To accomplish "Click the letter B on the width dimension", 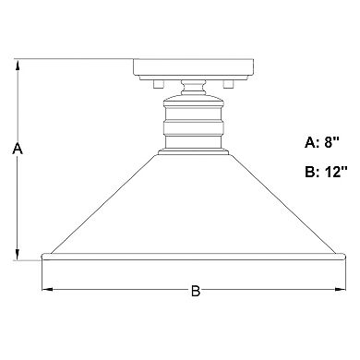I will pos(196,292).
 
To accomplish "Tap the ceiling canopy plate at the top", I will pos(196,68).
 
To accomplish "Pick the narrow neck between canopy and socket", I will pos(196,90).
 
